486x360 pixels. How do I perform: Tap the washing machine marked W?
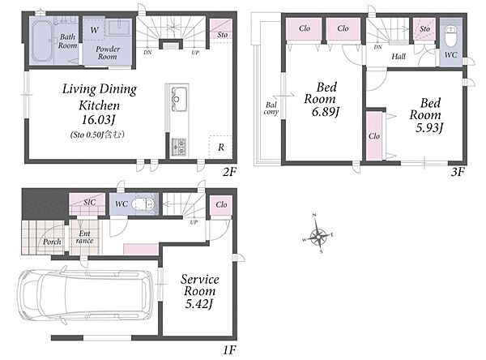point(94,30)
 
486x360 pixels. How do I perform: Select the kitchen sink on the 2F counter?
point(179,99)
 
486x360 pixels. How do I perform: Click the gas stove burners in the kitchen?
point(179,147)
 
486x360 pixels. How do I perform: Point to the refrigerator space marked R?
point(220,148)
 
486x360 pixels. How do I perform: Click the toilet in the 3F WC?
point(450,36)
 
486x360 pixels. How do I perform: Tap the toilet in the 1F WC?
point(143,204)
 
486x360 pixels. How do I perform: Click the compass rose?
point(318,234)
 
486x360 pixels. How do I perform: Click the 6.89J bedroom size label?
point(326,111)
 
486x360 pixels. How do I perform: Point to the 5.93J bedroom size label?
point(429,127)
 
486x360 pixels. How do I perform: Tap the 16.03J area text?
point(98,120)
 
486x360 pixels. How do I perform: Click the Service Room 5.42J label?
point(199,291)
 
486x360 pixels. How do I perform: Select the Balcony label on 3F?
point(271,109)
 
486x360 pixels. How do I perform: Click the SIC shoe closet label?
point(90,203)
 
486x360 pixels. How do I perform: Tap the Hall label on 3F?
point(399,57)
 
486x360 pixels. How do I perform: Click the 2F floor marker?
point(230,172)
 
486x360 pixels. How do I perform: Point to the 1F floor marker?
point(230,350)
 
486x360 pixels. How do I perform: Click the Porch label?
point(52,242)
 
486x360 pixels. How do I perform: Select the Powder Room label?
point(108,53)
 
